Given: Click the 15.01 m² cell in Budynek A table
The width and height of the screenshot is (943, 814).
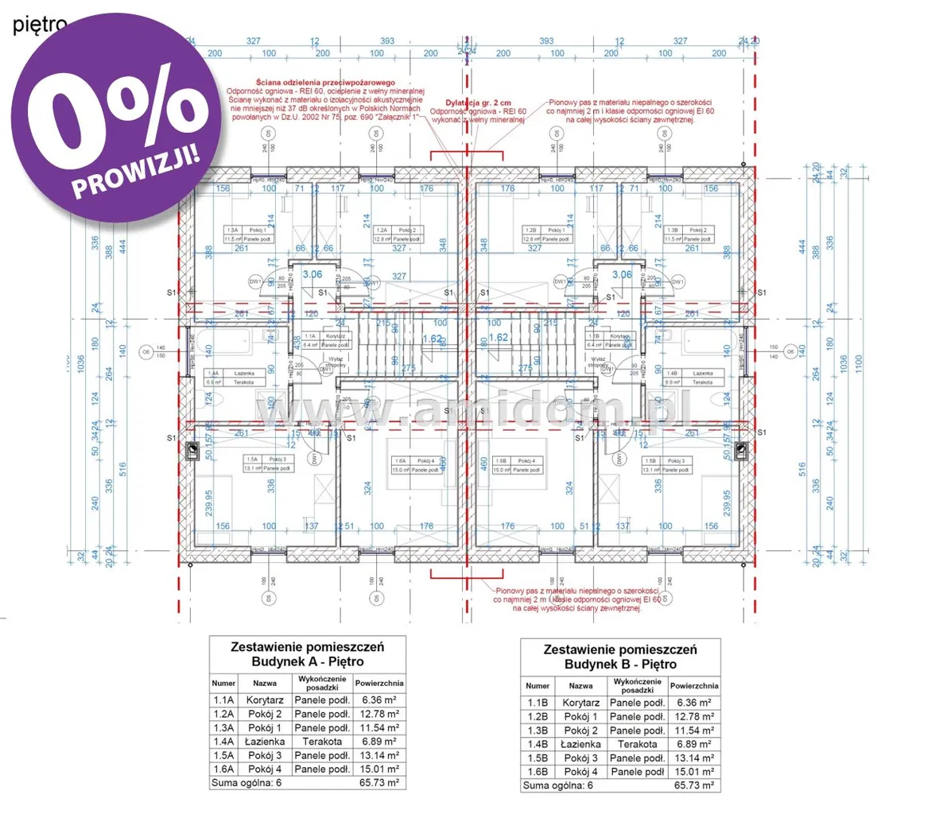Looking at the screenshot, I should [378, 769].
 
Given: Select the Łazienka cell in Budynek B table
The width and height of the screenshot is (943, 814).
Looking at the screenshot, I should [580, 744].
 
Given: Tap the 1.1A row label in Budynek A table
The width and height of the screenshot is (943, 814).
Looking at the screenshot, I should [223, 700].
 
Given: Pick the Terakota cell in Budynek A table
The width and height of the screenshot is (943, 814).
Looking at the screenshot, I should [322, 741].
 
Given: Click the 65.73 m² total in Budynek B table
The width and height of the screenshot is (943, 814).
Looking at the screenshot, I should [694, 785].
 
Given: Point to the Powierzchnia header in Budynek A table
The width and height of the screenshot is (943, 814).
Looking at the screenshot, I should [378, 683].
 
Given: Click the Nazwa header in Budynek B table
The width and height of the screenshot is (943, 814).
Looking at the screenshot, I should [580, 685].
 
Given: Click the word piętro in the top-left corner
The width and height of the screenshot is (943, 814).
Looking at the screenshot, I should [39, 25].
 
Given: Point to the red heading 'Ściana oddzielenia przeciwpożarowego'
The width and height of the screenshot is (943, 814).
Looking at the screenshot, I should [324, 83].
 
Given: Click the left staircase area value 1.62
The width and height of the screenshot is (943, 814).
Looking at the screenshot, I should [431, 338].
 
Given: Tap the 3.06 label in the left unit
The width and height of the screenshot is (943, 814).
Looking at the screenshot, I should [312, 274].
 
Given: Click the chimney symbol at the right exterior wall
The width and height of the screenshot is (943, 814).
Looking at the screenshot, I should [740, 451].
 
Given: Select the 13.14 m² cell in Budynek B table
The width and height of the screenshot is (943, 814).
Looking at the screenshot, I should [694, 758].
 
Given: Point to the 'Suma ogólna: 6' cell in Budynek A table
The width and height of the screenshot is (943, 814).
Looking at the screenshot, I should [246, 783].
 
